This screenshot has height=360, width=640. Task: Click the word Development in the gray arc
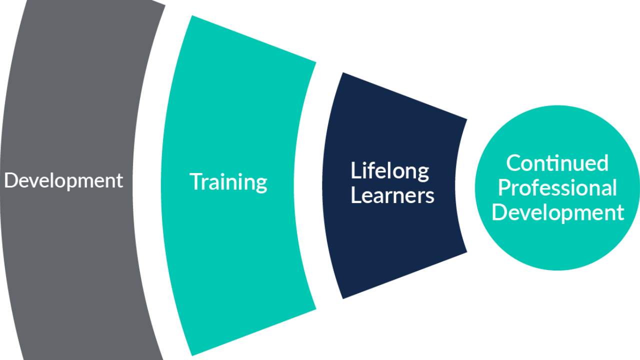pyautogui.click(x=63, y=180)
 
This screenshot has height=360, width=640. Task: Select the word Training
pyautogui.click(x=228, y=181)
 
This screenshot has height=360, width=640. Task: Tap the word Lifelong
pyautogui.click(x=389, y=171)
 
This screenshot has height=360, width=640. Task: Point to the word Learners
pyautogui.click(x=392, y=195)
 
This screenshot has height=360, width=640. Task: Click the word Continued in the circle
pyautogui.click(x=557, y=163)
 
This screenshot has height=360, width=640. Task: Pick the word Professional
pyautogui.click(x=557, y=188)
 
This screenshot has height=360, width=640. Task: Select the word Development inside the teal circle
pyautogui.click(x=557, y=212)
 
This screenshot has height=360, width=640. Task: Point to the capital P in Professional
pyautogui.click(x=503, y=188)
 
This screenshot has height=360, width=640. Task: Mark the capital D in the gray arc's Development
pyautogui.click(x=10, y=180)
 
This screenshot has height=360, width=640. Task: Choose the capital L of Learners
pyautogui.click(x=355, y=195)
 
